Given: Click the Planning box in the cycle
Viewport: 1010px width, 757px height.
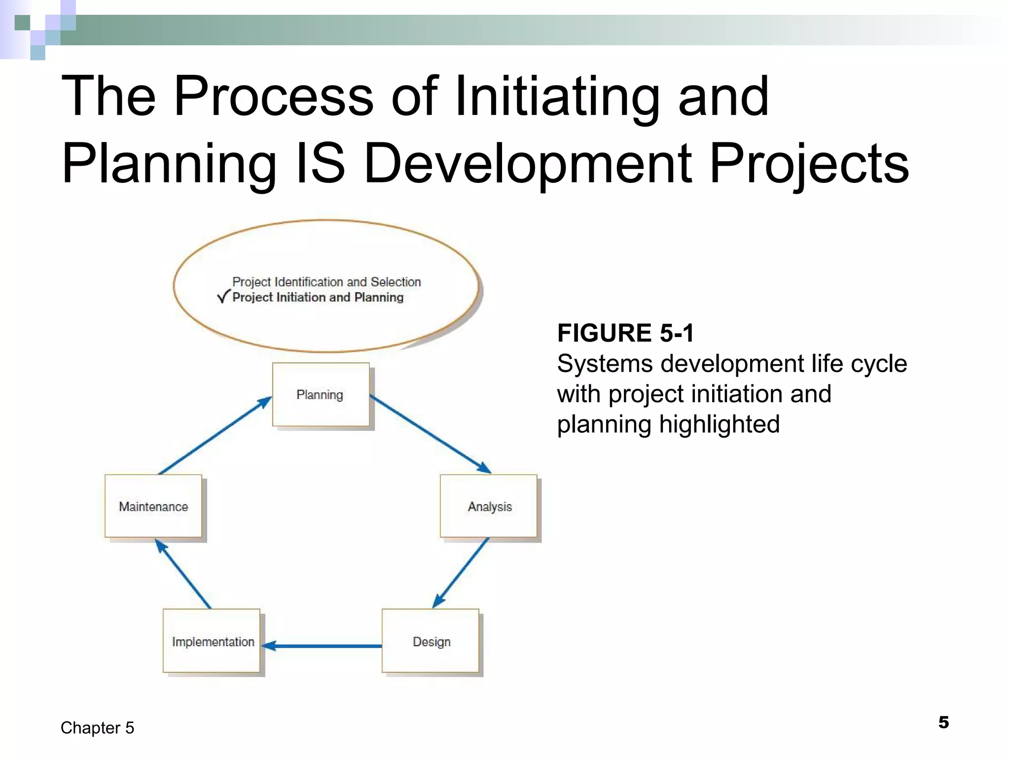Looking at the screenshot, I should pos(321,395).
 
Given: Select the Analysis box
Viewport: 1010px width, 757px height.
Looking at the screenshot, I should pos(488,506).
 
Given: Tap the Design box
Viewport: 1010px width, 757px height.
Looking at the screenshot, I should pos(430,641).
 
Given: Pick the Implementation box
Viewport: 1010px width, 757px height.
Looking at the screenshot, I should pos(212,641).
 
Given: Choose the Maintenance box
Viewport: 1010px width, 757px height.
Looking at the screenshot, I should pos(153,506).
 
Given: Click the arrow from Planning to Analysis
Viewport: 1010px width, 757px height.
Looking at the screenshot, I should pos(430,434).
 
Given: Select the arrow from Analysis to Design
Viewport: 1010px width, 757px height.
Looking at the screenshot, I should pos(461,573).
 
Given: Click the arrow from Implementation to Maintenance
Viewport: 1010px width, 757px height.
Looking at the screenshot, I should pos(183,574).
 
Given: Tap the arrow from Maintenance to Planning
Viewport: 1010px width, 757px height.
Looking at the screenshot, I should pos(215,436).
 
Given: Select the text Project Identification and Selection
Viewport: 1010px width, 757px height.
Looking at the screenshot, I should pos(326,282).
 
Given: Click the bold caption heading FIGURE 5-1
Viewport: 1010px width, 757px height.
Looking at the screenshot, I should pos(625,333).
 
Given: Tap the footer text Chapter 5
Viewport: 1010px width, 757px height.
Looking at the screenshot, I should pos(97,728).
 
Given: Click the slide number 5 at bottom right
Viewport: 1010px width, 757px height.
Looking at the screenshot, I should pos(943,723).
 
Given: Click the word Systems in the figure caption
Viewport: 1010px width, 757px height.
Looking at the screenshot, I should pos(605,364).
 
